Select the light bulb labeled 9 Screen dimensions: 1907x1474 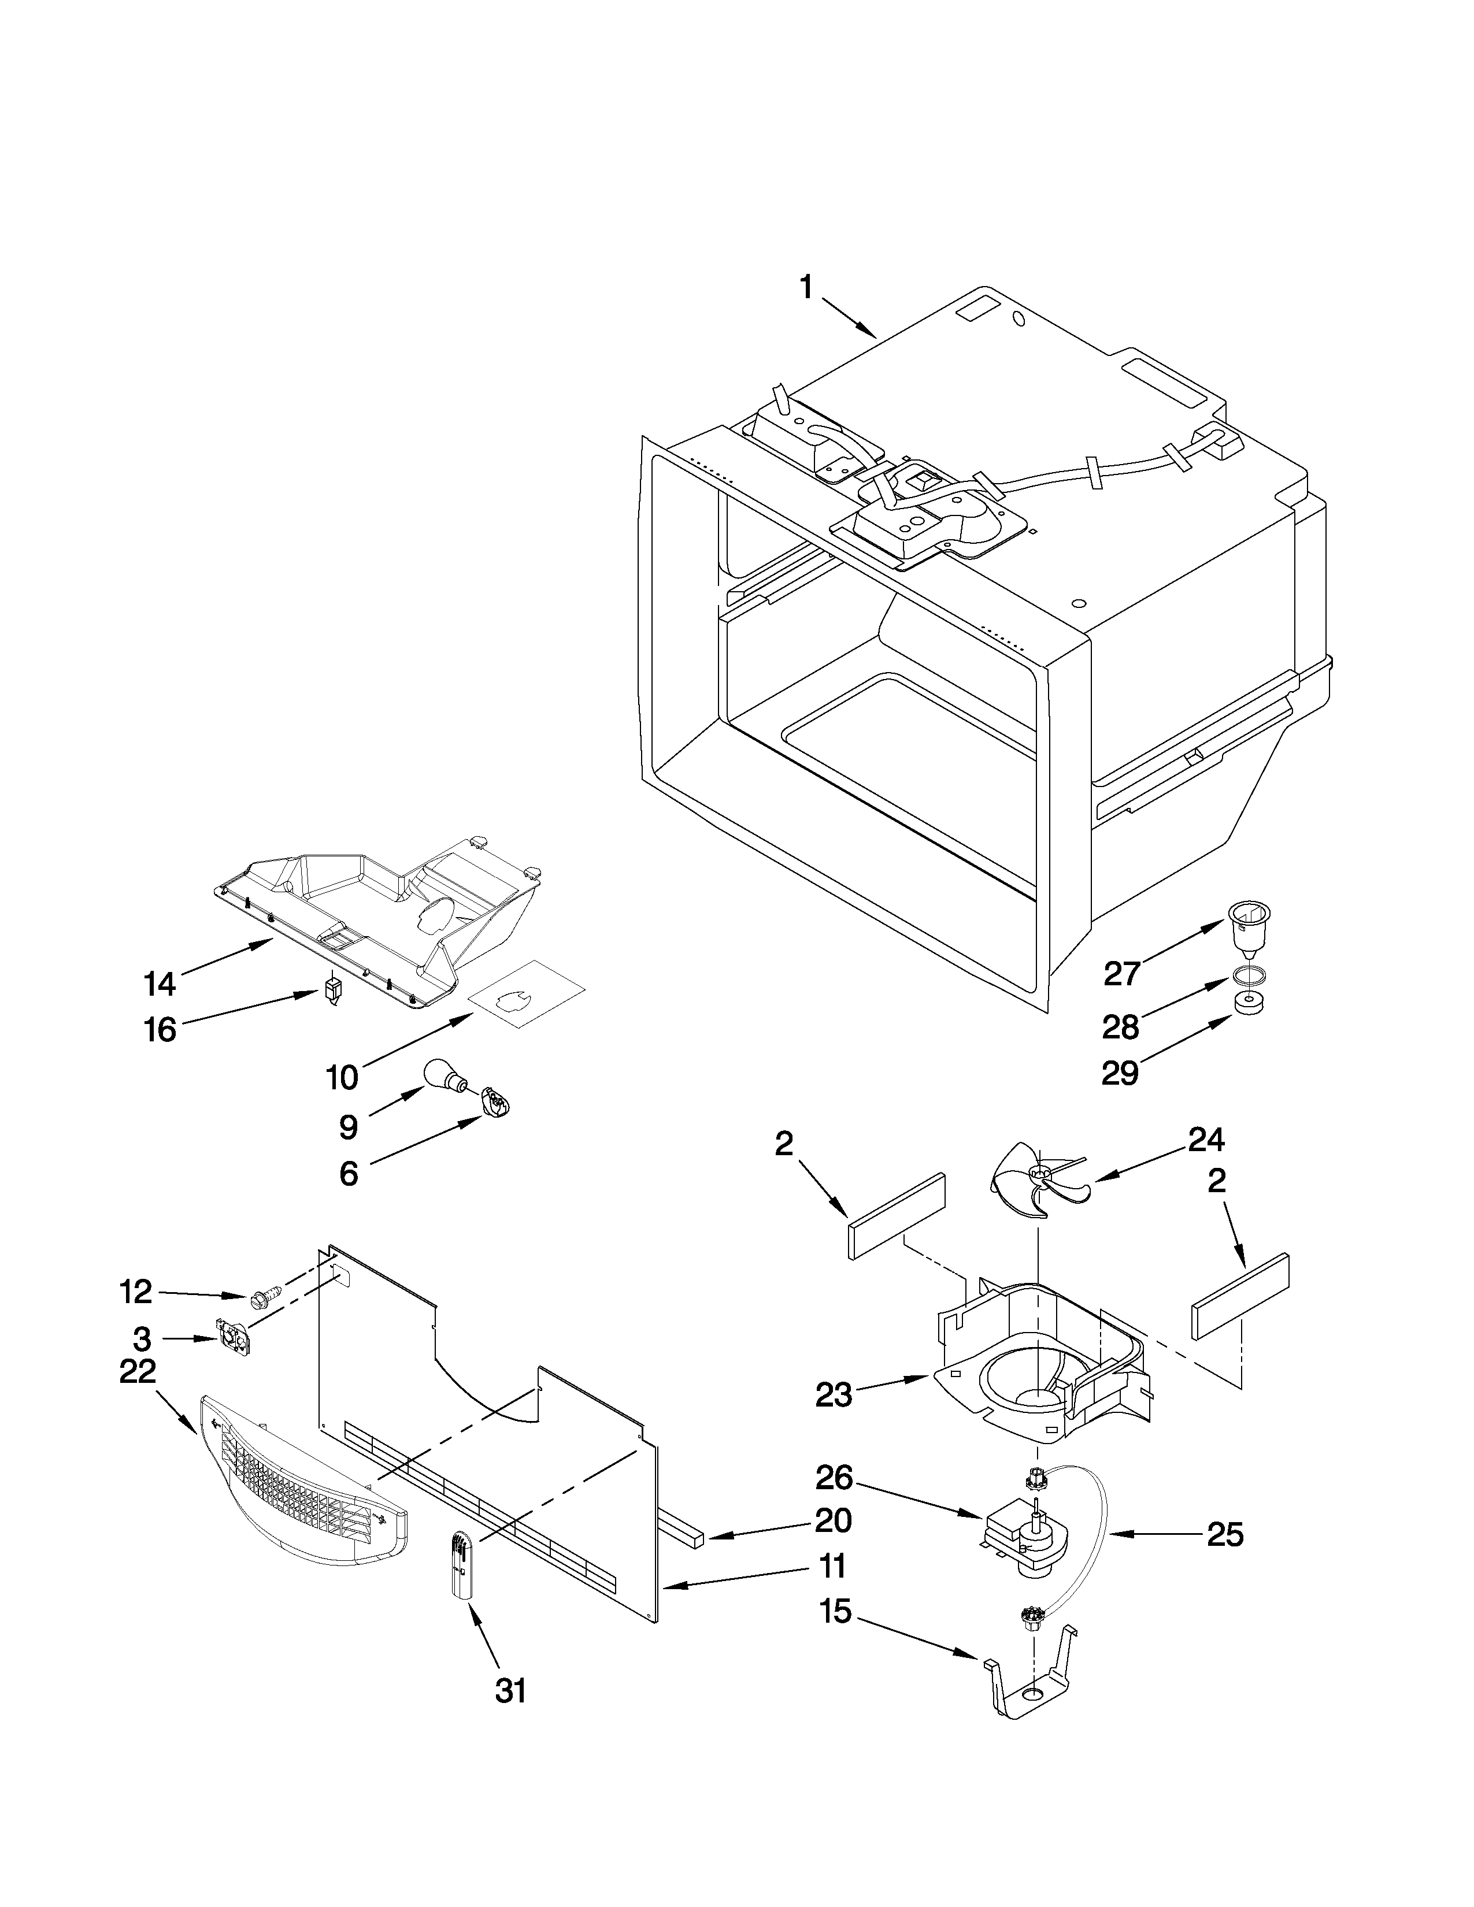(x=443, y=1076)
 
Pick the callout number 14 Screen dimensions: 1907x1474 (x=160, y=984)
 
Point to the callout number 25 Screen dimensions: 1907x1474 (x=1224, y=1535)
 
